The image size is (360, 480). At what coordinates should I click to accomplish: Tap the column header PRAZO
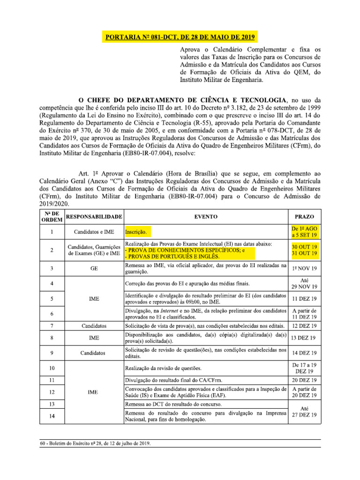(x=304, y=217)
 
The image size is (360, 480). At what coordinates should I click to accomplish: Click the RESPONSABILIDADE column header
(x=94, y=217)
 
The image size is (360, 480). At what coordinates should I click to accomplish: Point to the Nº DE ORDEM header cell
(x=51, y=217)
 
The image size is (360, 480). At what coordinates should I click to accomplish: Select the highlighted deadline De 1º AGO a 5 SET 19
(x=304, y=232)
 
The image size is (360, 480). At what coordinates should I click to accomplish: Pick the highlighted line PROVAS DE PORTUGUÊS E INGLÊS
(x=172, y=256)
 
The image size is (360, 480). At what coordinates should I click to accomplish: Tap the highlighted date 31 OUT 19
(x=304, y=254)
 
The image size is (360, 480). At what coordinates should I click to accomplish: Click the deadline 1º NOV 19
(x=304, y=269)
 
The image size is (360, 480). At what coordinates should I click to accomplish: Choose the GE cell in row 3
(x=94, y=269)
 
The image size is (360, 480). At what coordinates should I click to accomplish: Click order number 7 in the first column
(x=51, y=325)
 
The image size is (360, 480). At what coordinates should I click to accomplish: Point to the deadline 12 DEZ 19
(x=304, y=325)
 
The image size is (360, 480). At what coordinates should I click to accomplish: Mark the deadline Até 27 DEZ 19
(x=304, y=412)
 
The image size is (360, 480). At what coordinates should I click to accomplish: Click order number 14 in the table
(x=51, y=416)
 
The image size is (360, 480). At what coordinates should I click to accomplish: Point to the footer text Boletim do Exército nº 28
(x=96, y=444)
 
